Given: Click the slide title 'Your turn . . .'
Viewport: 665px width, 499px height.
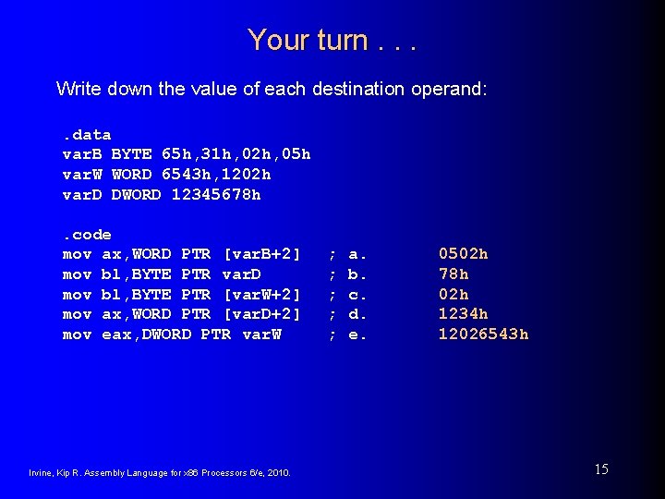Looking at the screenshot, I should click(x=332, y=40).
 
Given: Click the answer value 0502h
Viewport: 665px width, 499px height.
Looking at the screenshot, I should click(x=464, y=253).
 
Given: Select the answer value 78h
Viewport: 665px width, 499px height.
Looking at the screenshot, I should click(x=453, y=274).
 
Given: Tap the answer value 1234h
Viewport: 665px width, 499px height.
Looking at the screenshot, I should click(x=464, y=314).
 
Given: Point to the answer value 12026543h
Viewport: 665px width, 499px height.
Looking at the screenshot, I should click(x=483, y=335).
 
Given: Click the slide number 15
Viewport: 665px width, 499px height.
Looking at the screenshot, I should click(x=600, y=469).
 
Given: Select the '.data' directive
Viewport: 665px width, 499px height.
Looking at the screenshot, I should click(x=87, y=135).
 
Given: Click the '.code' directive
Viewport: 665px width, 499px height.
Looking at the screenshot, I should click(x=87, y=235).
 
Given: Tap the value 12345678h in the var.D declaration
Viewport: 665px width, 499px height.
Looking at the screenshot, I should click(x=216, y=195).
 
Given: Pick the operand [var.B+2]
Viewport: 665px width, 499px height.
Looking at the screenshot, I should click(x=262, y=254).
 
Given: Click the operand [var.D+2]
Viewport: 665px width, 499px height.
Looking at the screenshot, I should click(x=262, y=315).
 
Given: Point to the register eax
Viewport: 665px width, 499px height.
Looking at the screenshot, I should click(x=116, y=335).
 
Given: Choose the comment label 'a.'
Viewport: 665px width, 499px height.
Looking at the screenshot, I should click(x=357, y=254).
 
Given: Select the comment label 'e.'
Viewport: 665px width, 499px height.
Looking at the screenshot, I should click(x=357, y=335).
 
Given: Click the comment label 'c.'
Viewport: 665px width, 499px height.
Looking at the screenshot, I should click(x=357, y=295).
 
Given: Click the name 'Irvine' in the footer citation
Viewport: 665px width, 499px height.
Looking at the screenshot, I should click(x=42, y=473).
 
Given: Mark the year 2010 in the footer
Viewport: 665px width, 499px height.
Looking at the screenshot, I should click(x=277, y=473).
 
